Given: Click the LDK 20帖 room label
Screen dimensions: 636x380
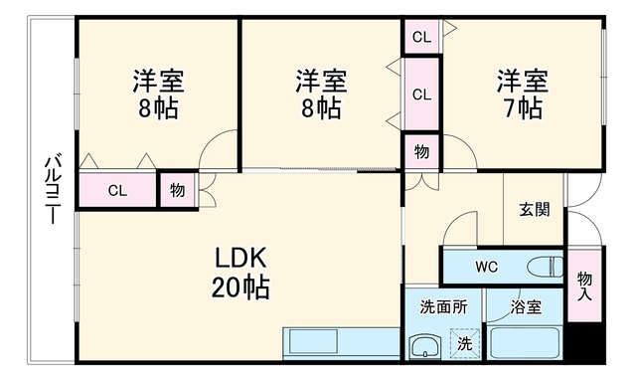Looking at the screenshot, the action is pos(240,273).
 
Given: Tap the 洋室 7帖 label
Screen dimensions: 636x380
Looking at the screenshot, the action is pos(523,95).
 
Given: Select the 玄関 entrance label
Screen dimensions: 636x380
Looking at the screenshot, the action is pos(535,210).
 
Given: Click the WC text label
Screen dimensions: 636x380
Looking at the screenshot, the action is pos(486,267).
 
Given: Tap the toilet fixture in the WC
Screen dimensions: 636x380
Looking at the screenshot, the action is pos(546,268).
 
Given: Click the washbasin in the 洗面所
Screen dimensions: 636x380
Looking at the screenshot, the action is pos(425,347).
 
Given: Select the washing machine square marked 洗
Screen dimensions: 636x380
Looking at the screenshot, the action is pos(465,343).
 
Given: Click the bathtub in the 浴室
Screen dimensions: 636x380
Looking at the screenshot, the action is pos(524,342).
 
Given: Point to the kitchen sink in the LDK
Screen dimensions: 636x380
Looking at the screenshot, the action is pos(310,341).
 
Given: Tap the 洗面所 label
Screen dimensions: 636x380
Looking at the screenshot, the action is pos(443,307).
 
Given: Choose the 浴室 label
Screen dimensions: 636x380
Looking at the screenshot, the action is pos(526,307).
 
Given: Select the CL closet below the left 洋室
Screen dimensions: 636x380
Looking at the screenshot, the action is pos(117,190).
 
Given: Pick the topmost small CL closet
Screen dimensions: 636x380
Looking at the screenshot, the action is pos(421,37).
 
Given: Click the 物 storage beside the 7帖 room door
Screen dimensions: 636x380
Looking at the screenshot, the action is pos(421,151).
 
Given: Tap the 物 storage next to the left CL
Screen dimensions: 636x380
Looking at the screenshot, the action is pos(177,190).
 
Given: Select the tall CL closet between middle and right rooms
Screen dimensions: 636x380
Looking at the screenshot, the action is pos(421,95).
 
